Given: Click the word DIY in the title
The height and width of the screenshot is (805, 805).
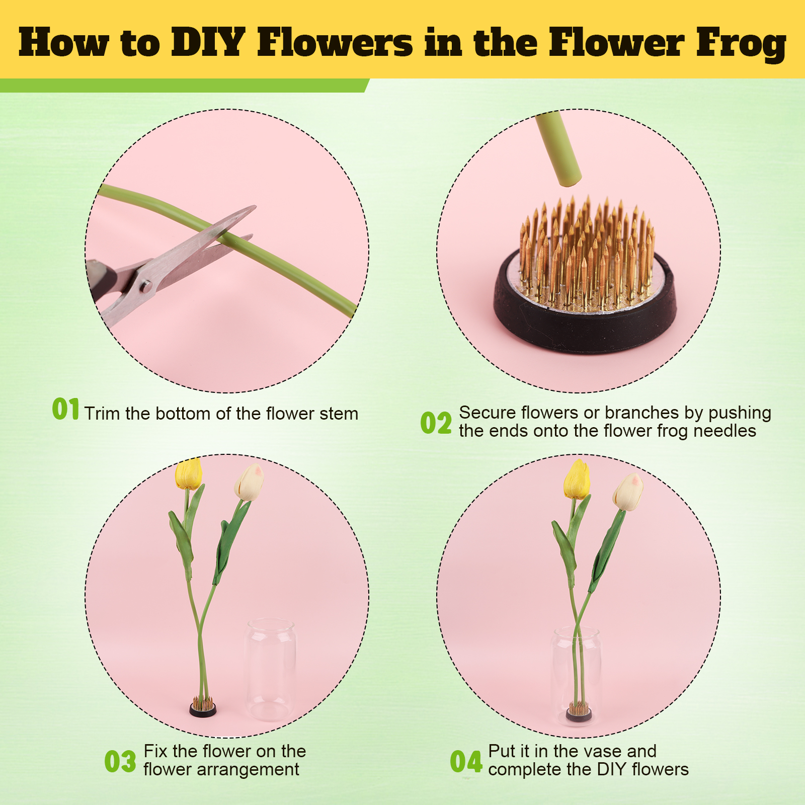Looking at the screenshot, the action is point(208,42).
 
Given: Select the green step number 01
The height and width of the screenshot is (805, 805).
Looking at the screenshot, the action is point(66,409).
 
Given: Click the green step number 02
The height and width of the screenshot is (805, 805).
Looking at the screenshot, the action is point(436,423).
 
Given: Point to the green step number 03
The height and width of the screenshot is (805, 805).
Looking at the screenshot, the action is point(120,761).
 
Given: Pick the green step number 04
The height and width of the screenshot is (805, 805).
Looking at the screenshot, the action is point(466,761).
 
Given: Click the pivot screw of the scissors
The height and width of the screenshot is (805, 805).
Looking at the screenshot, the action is point(146,287).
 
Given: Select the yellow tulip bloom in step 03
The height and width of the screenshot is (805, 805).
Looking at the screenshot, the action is point(189,474).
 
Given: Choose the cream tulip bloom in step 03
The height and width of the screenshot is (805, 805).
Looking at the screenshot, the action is point(250,482).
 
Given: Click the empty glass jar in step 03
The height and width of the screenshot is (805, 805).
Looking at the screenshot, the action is point(271,669).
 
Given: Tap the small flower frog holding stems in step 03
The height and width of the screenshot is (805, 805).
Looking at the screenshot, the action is point(203,707).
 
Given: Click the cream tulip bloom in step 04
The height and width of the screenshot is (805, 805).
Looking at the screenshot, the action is point(628,492).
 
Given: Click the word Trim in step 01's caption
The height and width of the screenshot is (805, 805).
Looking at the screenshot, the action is point(103,414).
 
